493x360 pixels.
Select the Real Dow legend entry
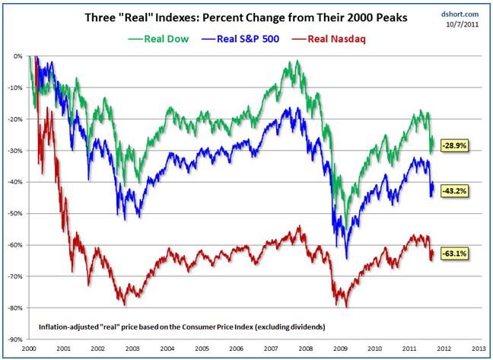click(x=159, y=39)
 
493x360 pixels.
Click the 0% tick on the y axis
click(x=17, y=56)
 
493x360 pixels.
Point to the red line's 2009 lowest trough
click(x=347, y=306)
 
